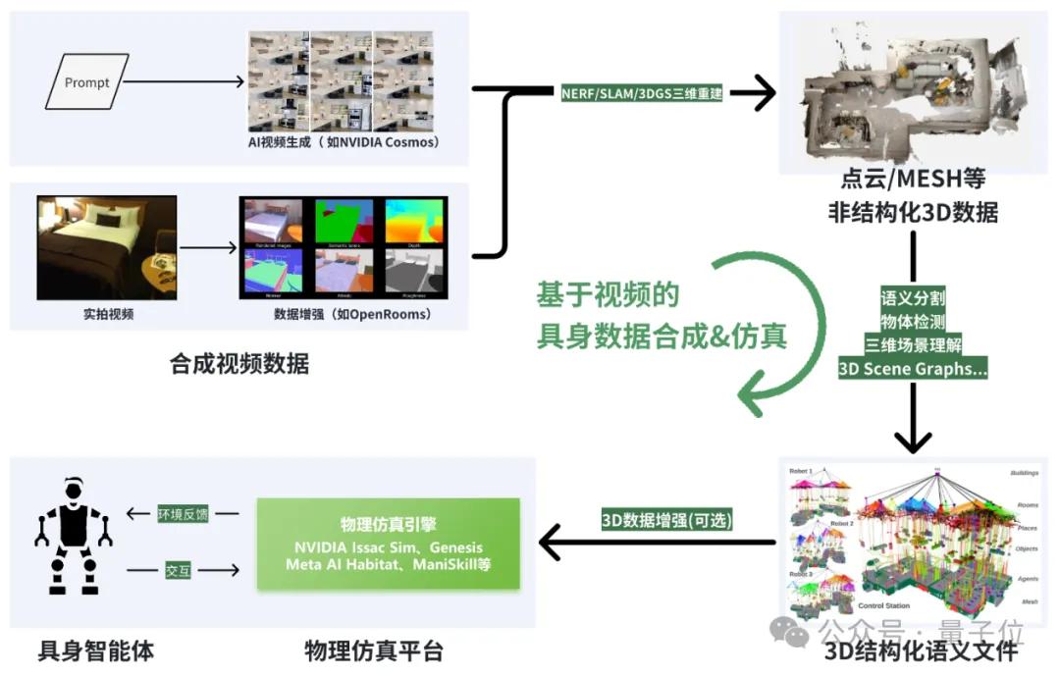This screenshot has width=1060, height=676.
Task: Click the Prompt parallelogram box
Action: tap(86, 82)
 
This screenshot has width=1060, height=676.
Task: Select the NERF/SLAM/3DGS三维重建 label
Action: tap(642, 94)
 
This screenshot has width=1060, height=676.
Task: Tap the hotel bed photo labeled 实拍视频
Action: tap(107, 247)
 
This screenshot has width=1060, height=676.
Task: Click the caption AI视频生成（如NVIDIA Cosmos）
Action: tap(344, 142)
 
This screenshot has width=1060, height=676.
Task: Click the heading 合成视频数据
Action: tap(239, 364)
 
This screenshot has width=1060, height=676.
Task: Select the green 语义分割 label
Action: tap(913, 297)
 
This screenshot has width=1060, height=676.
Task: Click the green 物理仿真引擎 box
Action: tap(388, 545)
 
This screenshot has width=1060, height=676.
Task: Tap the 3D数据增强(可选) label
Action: tap(667, 520)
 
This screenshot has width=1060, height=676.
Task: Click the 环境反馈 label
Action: tap(183, 513)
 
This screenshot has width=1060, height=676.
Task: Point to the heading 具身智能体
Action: tap(95, 650)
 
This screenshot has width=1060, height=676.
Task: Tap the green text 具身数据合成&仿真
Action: tap(661, 337)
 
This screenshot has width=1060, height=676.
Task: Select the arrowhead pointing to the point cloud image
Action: tap(756, 94)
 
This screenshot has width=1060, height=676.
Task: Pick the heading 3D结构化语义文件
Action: tap(921, 650)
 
